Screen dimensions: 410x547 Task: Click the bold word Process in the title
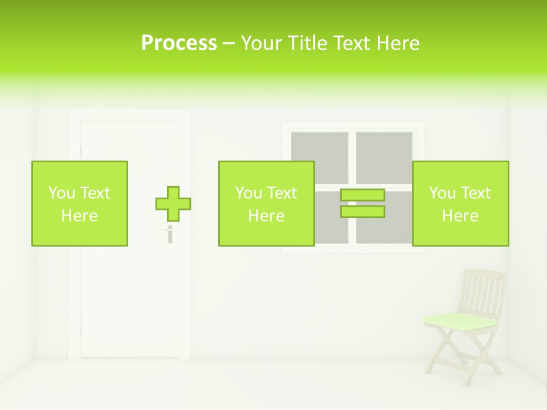tap(179, 43)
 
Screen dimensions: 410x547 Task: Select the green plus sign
tap(173, 204)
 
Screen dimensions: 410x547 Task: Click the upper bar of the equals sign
tap(362, 195)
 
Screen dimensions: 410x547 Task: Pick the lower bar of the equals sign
tap(362, 212)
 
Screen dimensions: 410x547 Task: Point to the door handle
tap(169, 233)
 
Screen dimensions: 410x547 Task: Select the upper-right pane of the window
tap(384, 157)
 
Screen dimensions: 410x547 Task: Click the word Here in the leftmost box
tap(80, 216)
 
